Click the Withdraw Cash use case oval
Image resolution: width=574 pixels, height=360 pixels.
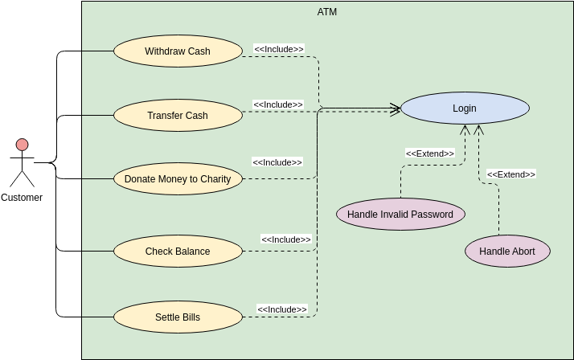click(178, 51)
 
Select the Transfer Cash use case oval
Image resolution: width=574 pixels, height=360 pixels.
click(178, 116)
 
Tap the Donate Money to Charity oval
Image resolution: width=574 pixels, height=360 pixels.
click(178, 179)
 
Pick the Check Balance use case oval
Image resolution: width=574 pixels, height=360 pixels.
click(178, 252)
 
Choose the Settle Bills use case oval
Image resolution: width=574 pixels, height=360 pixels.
click(178, 317)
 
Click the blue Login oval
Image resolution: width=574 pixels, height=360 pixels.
click(465, 108)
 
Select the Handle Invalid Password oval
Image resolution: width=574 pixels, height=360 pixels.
click(400, 215)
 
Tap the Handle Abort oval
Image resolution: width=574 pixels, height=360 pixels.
click(507, 252)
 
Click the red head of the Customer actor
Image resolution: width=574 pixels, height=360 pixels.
click(22, 145)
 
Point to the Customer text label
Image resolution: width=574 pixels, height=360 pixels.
click(22, 198)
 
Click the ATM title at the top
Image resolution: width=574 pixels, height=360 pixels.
click(327, 11)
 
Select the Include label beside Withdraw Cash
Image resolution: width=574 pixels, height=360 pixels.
click(279, 49)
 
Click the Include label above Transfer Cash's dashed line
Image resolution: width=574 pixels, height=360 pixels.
click(278, 104)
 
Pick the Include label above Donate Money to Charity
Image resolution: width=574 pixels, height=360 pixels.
click(277, 162)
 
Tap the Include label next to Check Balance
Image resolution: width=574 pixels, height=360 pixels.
click(286, 239)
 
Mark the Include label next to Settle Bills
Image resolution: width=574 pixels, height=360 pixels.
click(282, 309)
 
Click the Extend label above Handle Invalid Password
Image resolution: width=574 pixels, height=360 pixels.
click(430, 153)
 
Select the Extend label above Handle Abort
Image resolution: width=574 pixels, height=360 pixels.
click(511, 174)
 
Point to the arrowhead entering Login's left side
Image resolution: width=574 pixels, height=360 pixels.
click(396, 108)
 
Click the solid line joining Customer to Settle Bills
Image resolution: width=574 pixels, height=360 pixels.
click(80, 317)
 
